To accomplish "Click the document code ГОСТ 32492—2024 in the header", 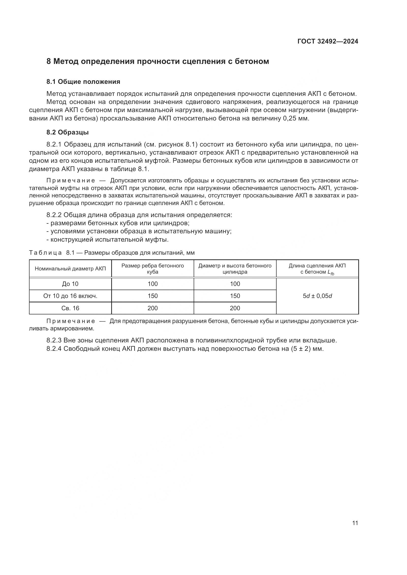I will pos(328,41).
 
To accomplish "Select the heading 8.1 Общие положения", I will pos(83,82).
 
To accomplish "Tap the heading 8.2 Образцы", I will pos(67,132).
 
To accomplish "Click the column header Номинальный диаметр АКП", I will pos(70,269).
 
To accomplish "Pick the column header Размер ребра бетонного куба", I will pos(153,269).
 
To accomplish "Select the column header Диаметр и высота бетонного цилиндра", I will pos(235,269).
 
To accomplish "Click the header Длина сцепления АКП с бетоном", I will pos(317,269).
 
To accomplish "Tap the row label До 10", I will pos(70,284).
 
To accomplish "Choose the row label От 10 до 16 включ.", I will pos(70,296).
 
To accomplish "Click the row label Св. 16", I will pos(70,308).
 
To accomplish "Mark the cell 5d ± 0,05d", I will pos(317,296).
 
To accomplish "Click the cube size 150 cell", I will pos(153,296).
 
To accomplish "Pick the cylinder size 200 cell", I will pos(235,308).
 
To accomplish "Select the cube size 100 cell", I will pos(153,284).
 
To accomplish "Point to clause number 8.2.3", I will pos(54,340).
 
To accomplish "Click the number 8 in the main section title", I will pos(49,61).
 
